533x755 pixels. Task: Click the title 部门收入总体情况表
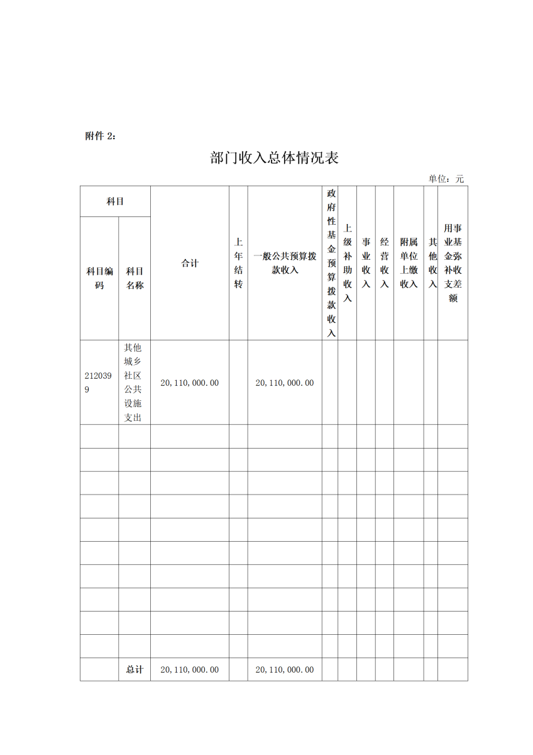(x=275, y=158)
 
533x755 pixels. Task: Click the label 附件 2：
(x=100, y=136)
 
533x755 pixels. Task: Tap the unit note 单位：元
(x=446, y=179)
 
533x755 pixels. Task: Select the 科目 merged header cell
(x=115, y=201)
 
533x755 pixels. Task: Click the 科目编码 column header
(x=99, y=277)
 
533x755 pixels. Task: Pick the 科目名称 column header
(x=135, y=277)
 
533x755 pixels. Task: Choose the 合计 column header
(x=190, y=263)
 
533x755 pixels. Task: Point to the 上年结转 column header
(x=238, y=263)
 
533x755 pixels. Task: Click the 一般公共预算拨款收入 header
(x=285, y=263)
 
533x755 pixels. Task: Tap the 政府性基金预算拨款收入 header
(x=331, y=263)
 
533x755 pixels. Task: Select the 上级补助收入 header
(x=348, y=263)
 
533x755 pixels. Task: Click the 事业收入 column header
(x=366, y=263)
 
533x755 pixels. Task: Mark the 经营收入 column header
(x=385, y=263)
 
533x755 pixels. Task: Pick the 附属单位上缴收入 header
(x=409, y=263)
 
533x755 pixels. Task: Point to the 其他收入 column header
(x=432, y=263)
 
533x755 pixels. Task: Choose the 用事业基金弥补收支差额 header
(x=453, y=263)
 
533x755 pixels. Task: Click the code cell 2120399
(x=98, y=383)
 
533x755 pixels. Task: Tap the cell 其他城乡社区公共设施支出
(x=134, y=383)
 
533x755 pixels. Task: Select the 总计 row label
(x=135, y=669)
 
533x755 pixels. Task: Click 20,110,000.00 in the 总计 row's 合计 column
(x=190, y=669)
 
